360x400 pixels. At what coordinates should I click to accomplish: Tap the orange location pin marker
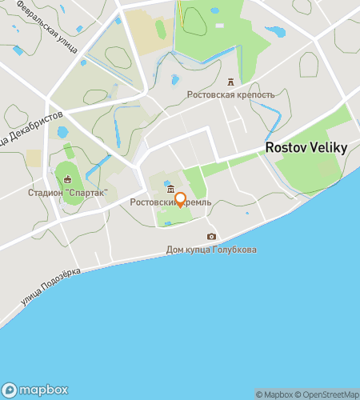(x=180, y=200)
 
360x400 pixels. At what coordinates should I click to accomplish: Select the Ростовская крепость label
(x=230, y=94)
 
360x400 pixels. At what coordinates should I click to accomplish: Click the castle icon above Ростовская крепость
(x=231, y=82)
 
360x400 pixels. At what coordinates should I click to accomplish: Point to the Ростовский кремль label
(x=170, y=203)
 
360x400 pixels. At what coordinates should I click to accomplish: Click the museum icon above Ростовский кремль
(x=170, y=190)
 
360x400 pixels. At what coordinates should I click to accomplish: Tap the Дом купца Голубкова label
(x=211, y=249)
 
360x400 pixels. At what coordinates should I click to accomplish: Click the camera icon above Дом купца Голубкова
(x=211, y=236)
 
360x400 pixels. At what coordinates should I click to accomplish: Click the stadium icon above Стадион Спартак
(x=67, y=179)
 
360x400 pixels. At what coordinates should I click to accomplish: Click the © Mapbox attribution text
(x=274, y=394)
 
